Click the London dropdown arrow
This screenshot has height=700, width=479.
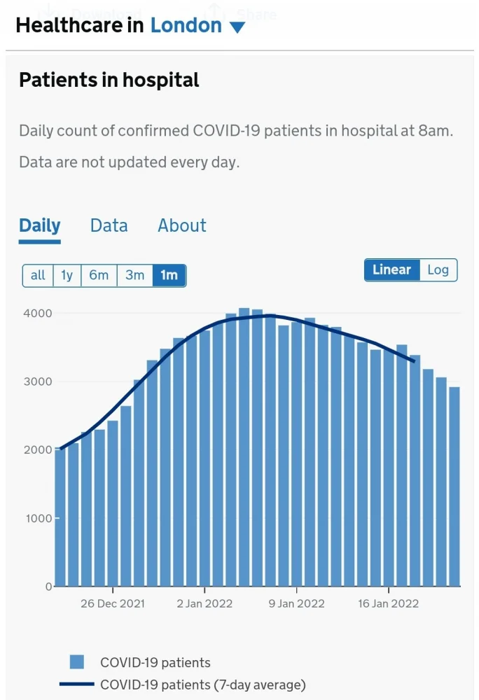pyautogui.click(x=237, y=28)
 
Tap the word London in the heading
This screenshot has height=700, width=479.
pyautogui.click(x=186, y=26)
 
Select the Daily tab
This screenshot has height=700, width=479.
pyautogui.click(x=40, y=225)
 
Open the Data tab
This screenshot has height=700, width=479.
pyautogui.click(x=109, y=225)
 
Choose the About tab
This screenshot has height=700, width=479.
pyautogui.click(x=182, y=225)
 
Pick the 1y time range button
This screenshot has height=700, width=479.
pyautogui.click(x=67, y=275)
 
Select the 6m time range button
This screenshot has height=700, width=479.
pyautogui.click(x=99, y=275)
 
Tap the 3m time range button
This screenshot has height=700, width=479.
pyautogui.click(x=134, y=275)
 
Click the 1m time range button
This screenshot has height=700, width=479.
pyautogui.click(x=169, y=275)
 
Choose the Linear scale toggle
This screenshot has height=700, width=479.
pyautogui.click(x=391, y=269)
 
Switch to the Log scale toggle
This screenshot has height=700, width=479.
pyautogui.click(x=438, y=269)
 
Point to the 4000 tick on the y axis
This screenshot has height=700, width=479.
pyautogui.click(x=34, y=313)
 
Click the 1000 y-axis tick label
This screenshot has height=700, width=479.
pyautogui.click(x=34, y=518)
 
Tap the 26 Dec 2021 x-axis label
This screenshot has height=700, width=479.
pyautogui.click(x=113, y=603)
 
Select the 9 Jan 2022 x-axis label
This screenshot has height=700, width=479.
pyautogui.click(x=297, y=603)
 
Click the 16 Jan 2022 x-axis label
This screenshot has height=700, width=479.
pyautogui.click(x=388, y=603)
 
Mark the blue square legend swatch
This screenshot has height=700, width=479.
pyautogui.click(x=77, y=661)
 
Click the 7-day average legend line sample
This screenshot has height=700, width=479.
pyautogui.click(x=76, y=685)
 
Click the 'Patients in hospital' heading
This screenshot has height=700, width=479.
pyautogui.click(x=109, y=80)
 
